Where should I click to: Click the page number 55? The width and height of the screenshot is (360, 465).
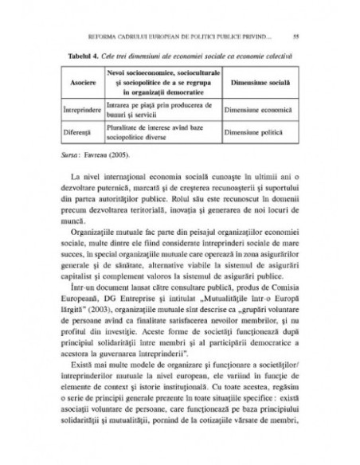point(295,36)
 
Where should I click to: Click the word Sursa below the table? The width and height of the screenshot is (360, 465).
point(70,148)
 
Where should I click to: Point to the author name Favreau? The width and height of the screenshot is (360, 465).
point(98,148)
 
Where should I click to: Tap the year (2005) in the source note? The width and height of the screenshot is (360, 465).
point(123,148)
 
